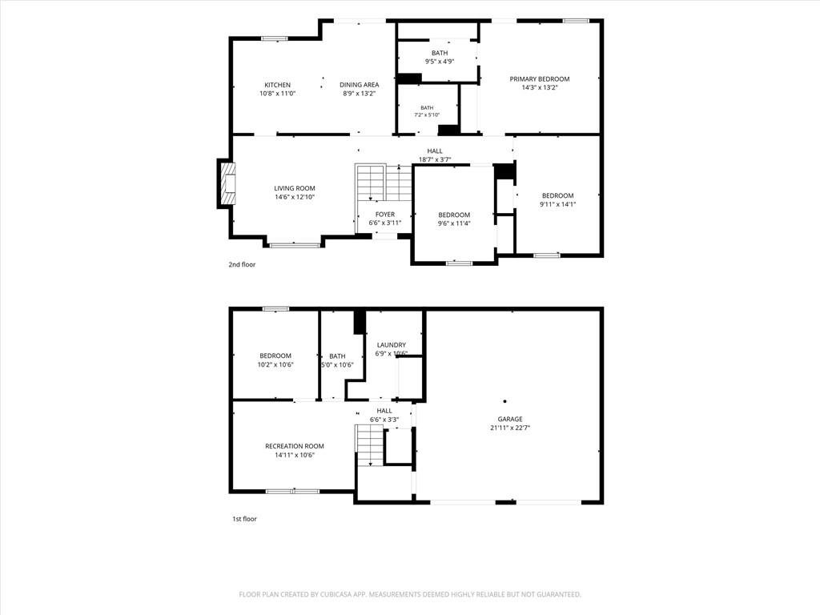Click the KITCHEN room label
(277, 85)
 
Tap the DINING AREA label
(360, 85)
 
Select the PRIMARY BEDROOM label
(540, 79)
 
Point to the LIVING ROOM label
(295, 188)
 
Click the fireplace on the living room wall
(227, 185)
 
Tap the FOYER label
(385, 215)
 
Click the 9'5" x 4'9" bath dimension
(440, 61)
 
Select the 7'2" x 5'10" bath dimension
(428, 115)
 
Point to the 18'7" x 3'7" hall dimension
(435, 159)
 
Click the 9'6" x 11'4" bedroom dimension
(454, 224)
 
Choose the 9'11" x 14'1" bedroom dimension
(558, 204)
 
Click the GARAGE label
(510, 419)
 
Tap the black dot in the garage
(504, 402)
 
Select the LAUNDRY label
(391, 345)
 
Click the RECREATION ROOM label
(295, 446)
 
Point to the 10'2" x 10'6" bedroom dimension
(275, 364)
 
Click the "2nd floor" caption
(242, 264)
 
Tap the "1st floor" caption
(245, 519)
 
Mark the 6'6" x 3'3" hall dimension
(384, 420)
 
